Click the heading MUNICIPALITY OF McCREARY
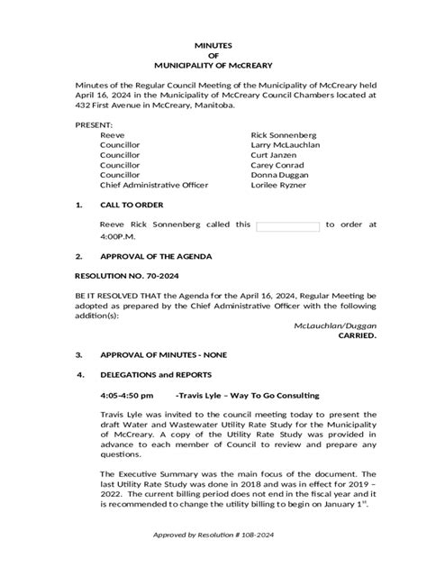213,66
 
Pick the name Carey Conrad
278,171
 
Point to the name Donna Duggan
281,184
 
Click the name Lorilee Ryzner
279,197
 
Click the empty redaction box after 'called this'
288,225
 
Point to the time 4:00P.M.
119,237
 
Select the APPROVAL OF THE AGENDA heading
157,257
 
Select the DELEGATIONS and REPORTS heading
157,374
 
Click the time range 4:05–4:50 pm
127,395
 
